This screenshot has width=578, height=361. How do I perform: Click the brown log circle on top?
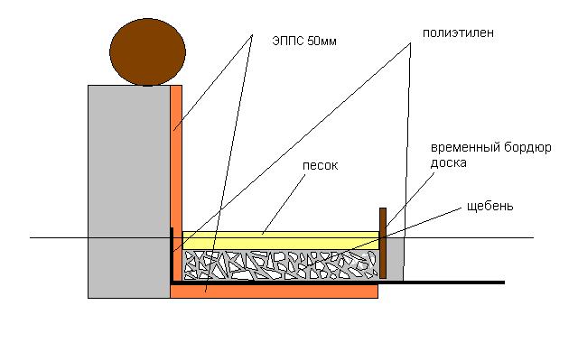click(147, 52)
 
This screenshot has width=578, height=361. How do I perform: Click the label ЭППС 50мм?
click(304, 41)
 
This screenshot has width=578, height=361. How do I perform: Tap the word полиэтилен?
click(458, 33)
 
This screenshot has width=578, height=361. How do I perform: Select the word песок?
click(320, 166)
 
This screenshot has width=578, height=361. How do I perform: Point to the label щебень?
click(489, 207)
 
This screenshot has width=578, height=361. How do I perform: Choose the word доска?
click(448, 162)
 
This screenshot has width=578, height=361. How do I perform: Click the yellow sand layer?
click(281, 240)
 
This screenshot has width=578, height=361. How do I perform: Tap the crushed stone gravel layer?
click(281, 264)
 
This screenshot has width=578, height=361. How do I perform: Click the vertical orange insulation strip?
click(176, 182)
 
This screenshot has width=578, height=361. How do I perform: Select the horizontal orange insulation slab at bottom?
click(274, 291)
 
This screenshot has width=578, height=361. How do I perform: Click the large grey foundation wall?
click(129, 191)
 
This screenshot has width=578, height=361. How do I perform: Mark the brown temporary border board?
click(383, 243)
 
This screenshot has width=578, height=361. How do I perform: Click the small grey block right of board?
click(395, 259)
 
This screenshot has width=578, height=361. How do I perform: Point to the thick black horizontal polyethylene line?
click(338, 282)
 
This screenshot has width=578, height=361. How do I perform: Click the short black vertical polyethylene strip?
click(172, 255)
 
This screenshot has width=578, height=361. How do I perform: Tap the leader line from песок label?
click(284, 204)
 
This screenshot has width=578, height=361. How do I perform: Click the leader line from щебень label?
click(384, 236)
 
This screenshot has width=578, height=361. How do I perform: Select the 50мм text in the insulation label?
click(322, 41)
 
